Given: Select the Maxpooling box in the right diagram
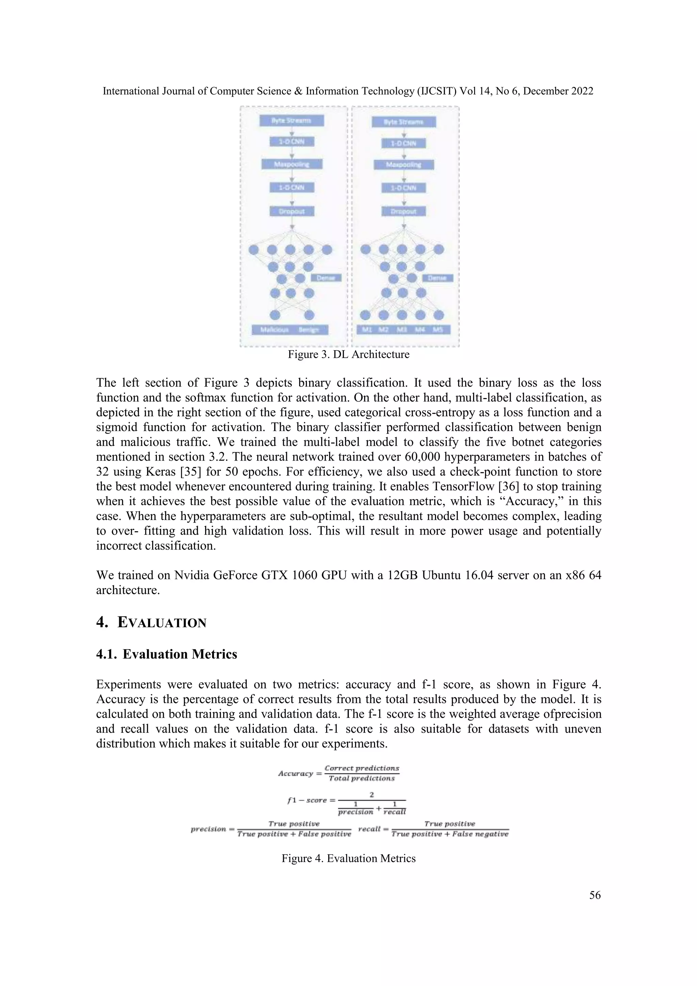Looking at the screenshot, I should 403,165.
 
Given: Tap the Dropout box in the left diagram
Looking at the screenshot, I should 292,211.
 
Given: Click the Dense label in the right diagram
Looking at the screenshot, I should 438,278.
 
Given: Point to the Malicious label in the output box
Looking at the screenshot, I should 275,330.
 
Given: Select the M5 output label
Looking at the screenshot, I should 438,330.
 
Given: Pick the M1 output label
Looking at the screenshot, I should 367,330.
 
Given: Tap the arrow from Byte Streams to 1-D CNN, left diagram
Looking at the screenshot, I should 292,132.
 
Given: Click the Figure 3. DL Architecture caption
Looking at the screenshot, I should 348,355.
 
